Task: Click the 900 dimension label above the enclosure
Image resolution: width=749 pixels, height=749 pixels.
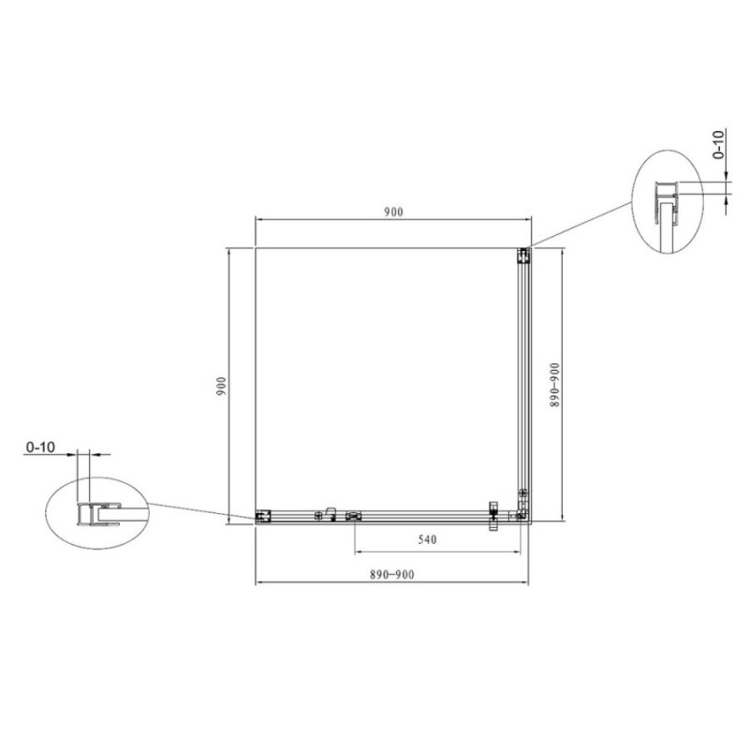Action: click(x=394, y=213)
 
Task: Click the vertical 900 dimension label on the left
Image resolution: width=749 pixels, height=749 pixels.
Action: click(x=221, y=386)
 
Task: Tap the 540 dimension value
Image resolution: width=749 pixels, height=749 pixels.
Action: click(x=427, y=539)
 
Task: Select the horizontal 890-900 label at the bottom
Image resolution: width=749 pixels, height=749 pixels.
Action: click(x=391, y=574)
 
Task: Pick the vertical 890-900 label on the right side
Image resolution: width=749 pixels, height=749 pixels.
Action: click(x=554, y=385)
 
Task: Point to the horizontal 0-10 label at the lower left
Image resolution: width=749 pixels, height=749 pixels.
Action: click(x=40, y=448)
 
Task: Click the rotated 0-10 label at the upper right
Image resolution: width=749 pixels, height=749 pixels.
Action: click(x=718, y=145)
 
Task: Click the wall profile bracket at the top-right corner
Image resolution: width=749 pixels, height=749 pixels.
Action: click(x=524, y=256)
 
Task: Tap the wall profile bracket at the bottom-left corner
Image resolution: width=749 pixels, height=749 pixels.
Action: click(x=263, y=516)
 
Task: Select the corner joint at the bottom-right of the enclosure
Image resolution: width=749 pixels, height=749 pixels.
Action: click(x=521, y=514)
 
